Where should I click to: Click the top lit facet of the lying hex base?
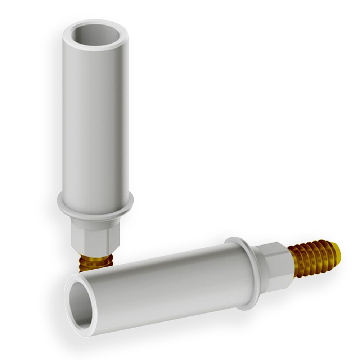[x=275, y=248]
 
